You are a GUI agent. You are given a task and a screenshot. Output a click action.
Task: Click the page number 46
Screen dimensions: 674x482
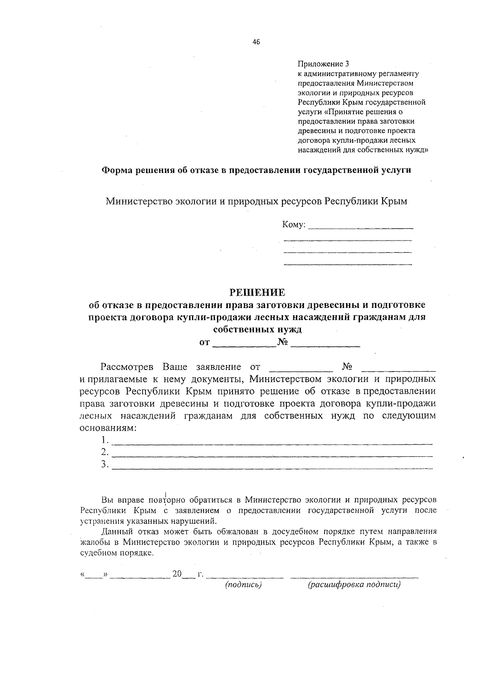click(256, 42)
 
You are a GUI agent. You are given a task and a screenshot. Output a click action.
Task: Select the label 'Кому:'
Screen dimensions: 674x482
click(294, 225)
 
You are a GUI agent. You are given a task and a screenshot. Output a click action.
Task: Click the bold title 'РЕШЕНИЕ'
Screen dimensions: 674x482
click(257, 292)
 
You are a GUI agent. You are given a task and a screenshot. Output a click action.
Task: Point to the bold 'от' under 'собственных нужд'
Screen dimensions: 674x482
click(204, 343)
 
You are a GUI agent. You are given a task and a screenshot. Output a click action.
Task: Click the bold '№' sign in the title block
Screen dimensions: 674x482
click(283, 343)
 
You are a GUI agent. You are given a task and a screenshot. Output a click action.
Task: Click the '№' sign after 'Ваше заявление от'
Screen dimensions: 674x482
click(347, 367)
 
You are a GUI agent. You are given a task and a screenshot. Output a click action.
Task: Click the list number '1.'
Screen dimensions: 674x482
click(105, 440)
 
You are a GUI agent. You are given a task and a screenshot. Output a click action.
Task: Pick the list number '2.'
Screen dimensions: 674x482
click(105, 452)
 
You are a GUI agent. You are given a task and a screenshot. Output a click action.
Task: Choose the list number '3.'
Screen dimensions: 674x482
click(105, 464)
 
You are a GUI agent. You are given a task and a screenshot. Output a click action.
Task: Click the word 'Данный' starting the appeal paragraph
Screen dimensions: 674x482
click(115, 531)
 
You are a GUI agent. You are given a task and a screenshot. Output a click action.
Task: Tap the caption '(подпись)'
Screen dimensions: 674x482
click(243, 585)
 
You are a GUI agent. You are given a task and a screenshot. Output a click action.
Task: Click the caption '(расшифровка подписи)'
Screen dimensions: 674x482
click(354, 585)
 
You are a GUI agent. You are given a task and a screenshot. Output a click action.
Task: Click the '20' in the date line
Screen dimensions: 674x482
click(177, 574)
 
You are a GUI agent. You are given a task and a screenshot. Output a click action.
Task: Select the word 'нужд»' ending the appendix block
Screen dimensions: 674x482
click(418, 150)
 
